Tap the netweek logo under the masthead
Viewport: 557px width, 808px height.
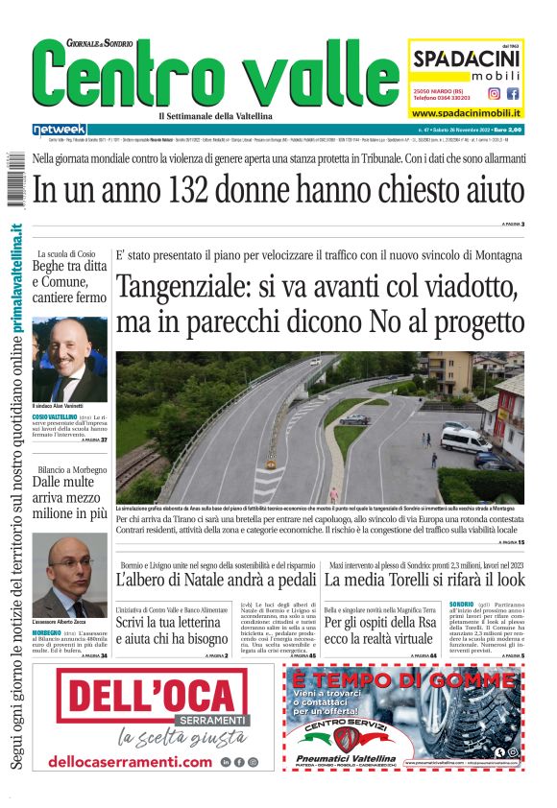point(59,129)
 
